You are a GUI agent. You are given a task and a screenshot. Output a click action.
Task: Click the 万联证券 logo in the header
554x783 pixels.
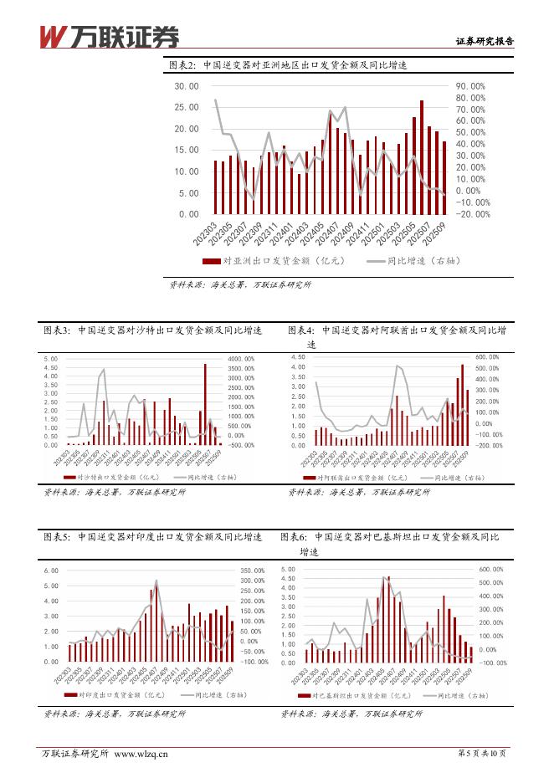110,35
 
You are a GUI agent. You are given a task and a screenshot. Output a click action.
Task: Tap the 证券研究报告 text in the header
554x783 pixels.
485,40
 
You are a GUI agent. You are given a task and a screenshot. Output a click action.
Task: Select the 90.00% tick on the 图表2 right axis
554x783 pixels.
470,86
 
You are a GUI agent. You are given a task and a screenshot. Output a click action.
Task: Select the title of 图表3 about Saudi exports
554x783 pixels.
152,330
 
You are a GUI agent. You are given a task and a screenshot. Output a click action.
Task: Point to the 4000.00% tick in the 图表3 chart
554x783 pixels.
239,360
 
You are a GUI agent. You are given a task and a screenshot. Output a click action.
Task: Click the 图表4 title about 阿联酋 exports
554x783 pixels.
397,330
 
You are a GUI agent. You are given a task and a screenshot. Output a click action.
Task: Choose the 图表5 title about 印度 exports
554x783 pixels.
152,536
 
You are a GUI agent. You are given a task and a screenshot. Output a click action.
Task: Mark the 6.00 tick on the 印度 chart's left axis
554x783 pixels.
51,571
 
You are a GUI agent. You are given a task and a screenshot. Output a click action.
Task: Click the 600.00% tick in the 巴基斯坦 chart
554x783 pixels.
490,571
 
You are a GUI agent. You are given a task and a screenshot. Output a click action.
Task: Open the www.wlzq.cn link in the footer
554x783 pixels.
141,754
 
